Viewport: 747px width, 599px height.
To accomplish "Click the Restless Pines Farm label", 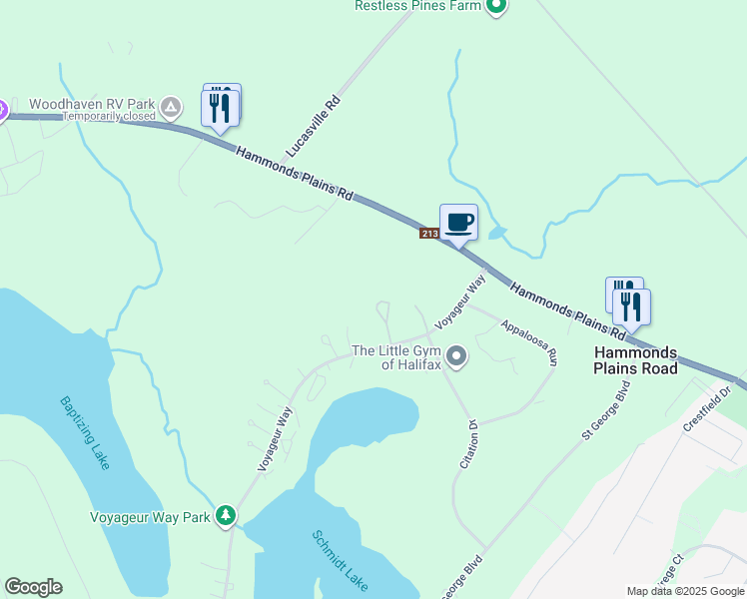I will [417, 6].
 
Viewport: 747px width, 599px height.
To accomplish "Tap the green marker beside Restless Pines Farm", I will [496, 6].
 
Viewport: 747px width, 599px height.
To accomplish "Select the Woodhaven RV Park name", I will [92, 104].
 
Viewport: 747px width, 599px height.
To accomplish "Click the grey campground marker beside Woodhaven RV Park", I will [172, 105].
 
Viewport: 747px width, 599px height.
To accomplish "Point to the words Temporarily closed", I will [110, 116].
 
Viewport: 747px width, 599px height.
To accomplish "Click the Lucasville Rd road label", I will [314, 126].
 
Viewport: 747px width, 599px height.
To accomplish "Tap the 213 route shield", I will [429, 234].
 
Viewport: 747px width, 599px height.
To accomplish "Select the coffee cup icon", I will [458, 222].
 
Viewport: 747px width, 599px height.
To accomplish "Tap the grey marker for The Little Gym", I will [457, 355].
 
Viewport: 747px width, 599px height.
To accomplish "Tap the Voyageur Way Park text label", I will [150, 517].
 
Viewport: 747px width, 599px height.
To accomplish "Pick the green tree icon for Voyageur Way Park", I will [227, 515].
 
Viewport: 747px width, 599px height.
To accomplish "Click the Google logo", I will [34, 587].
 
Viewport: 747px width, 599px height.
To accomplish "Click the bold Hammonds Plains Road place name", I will [636, 360].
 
